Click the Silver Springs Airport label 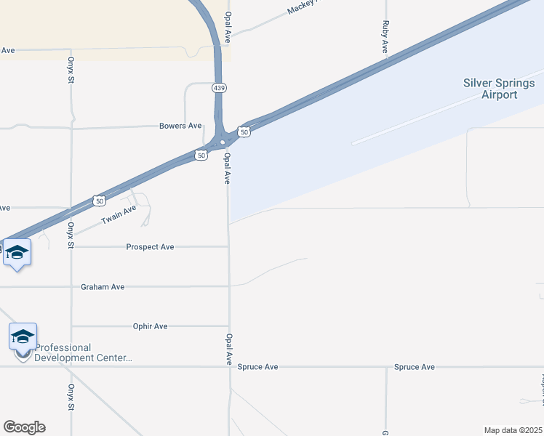499,89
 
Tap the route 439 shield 219,88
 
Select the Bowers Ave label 180,126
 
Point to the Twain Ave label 119,214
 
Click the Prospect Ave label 150,247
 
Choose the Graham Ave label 103,287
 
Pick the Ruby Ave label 385,36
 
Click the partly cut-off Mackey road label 304,8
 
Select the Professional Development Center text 83,352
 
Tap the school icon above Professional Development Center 23,336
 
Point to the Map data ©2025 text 513,430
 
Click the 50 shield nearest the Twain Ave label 99,200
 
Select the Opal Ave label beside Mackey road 228,25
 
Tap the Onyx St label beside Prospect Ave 71,235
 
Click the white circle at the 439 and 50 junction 223,142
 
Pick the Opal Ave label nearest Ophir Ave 228,349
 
